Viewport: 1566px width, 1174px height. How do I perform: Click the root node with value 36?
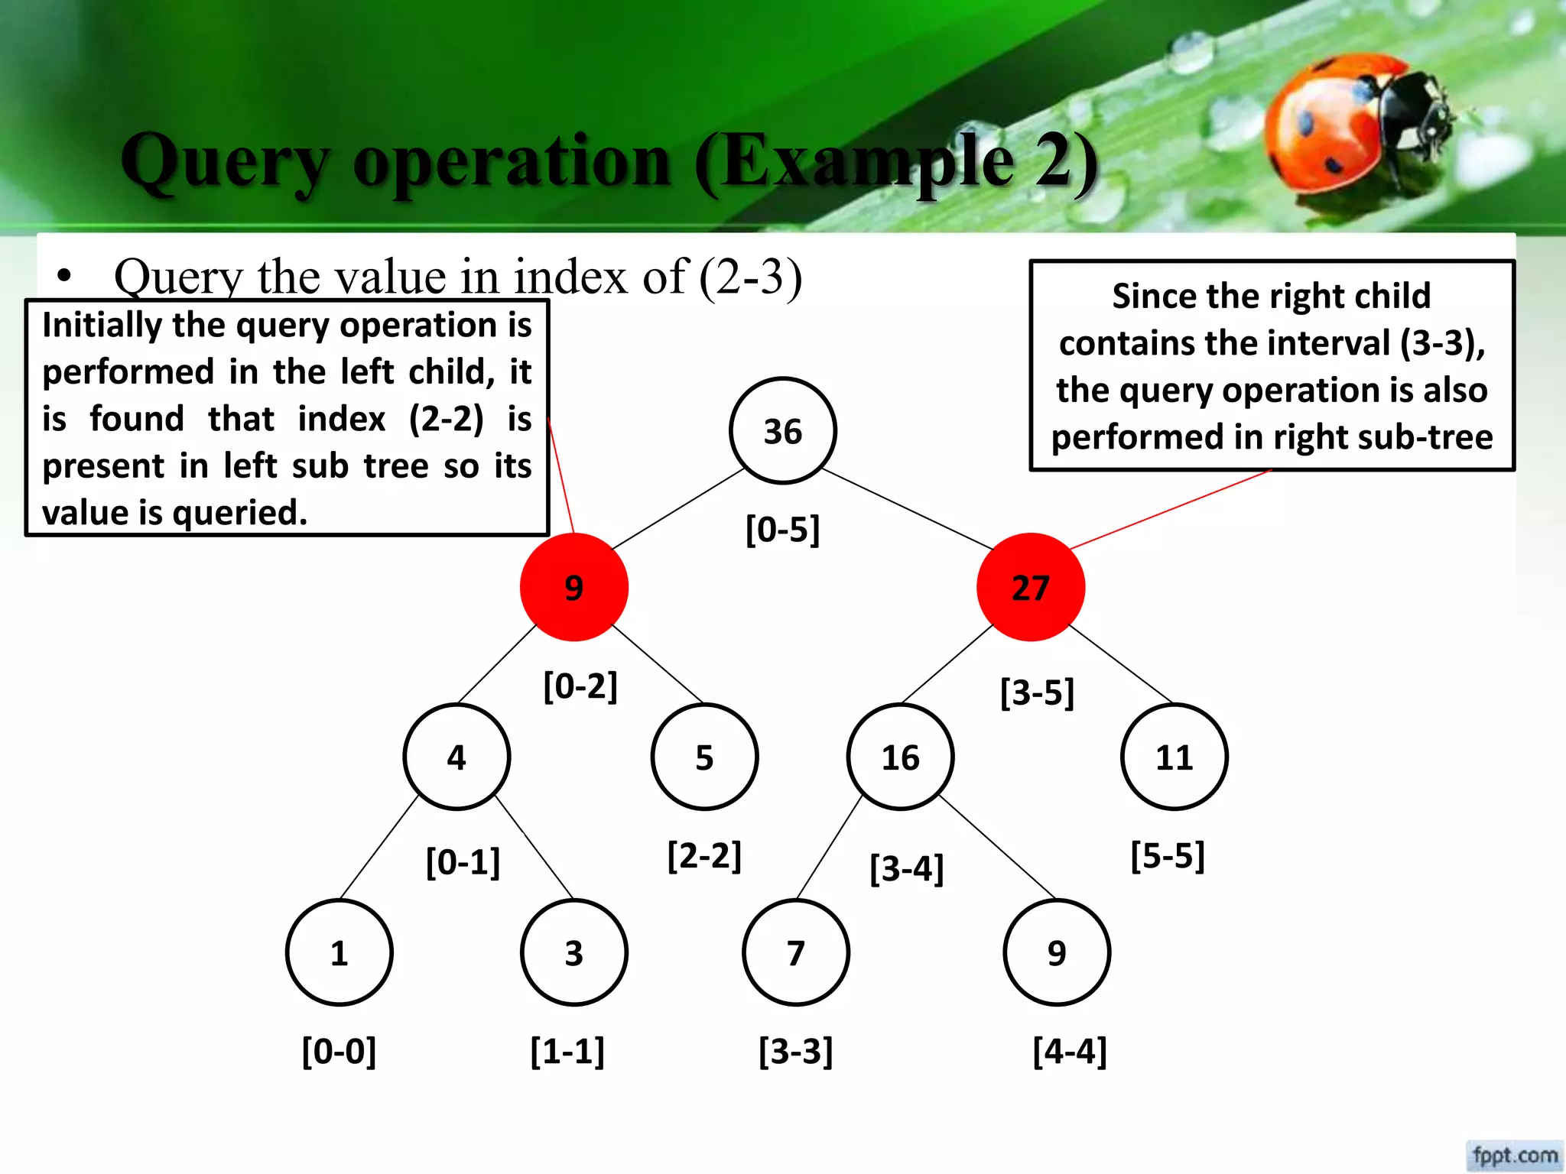point(782,431)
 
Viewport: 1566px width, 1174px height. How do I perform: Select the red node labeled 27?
point(1030,587)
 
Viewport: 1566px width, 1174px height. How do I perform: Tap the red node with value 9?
point(573,587)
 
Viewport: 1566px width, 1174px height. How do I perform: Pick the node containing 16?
point(900,757)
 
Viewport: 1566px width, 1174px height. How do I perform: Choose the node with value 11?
point(1174,757)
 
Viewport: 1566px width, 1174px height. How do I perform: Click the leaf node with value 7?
point(795,952)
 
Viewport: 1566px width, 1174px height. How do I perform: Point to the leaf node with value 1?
point(339,952)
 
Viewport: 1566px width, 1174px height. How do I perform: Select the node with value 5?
point(704,757)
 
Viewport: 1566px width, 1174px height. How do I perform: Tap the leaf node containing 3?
point(573,952)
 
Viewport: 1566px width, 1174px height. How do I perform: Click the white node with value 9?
point(1056,952)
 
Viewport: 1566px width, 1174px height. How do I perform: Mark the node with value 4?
point(456,757)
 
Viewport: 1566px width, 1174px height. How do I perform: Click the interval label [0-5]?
point(782,529)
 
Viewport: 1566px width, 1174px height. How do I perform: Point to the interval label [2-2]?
point(704,855)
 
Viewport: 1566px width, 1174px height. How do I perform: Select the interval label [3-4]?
point(907,868)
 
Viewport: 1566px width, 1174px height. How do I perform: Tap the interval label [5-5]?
point(1168,855)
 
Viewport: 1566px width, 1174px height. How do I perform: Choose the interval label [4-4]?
point(1069,1051)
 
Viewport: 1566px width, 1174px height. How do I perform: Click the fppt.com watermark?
point(1514,1155)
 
